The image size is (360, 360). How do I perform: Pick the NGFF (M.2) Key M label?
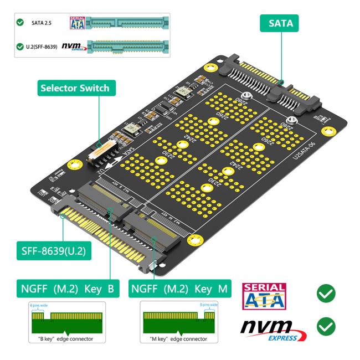pyautogui.click(x=180, y=289)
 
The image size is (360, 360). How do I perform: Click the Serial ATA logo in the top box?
pyautogui.click(x=76, y=23)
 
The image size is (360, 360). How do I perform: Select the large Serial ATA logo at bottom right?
pyautogui.click(x=265, y=297)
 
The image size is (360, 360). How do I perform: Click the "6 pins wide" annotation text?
pyautogui.click(x=38, y=305)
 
